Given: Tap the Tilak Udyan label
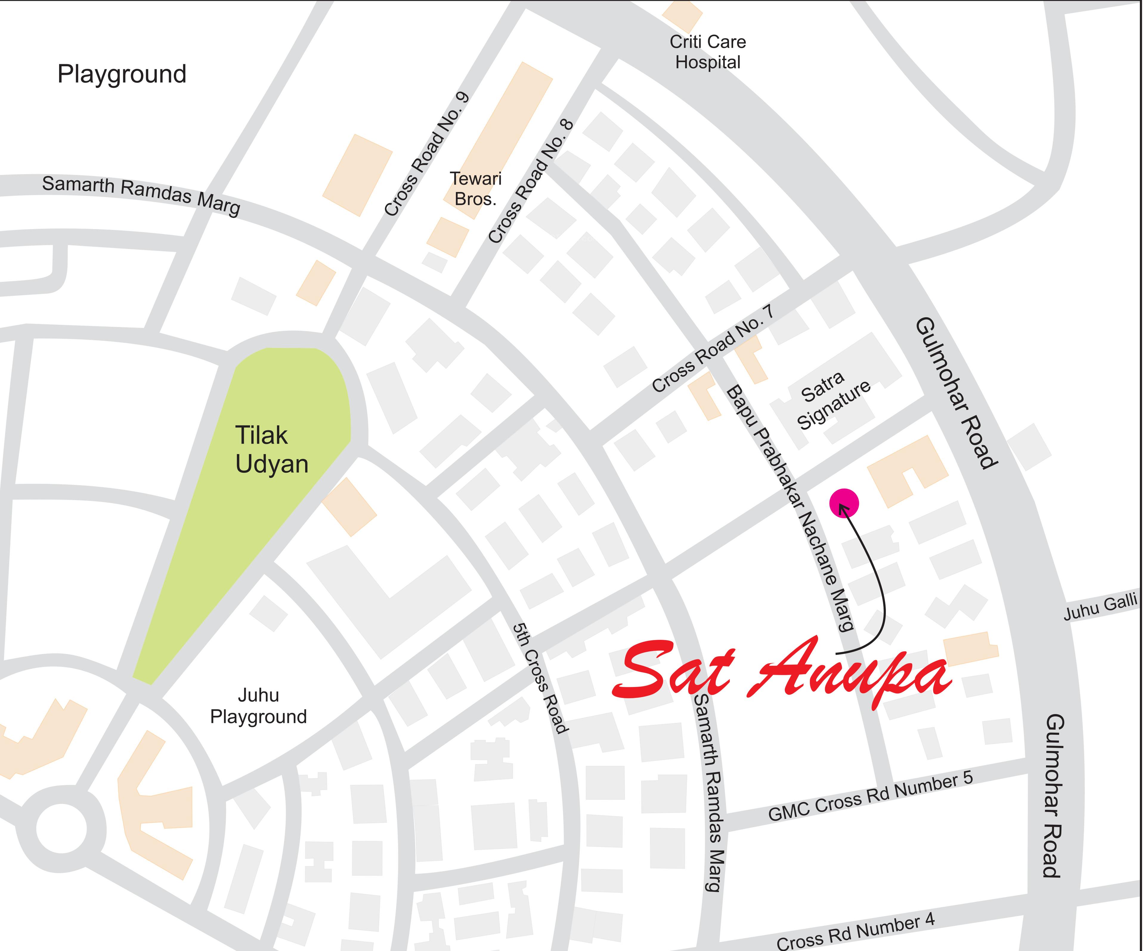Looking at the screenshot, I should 272,449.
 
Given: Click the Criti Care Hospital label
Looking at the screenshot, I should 707,52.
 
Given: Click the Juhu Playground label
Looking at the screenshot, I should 259,706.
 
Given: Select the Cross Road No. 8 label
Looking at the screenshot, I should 530,181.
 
